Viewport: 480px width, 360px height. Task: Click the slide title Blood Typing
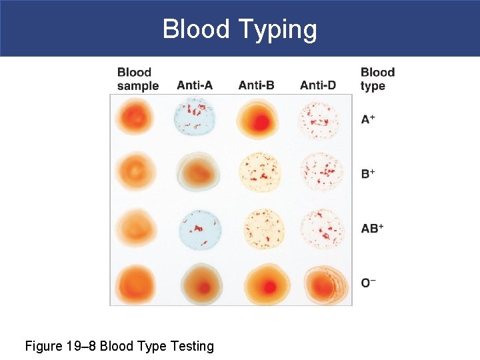(x=240, y=29)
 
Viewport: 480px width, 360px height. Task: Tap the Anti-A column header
(x=195, y=85)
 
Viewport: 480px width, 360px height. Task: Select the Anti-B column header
(x=256, y=85)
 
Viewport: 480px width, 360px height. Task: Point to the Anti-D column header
(x=318, y=85)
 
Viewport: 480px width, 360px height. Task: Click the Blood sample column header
(x=137, y=79)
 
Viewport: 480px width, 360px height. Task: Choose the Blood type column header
(x=377, y=79)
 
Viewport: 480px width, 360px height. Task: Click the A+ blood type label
(x=367, y=120)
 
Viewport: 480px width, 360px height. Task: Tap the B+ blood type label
(x=367, y=174)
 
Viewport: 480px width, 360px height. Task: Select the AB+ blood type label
(x=372, y=228)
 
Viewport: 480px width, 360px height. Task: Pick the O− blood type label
(x=368, y=283)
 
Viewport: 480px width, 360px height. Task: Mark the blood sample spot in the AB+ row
(x=136, y=228)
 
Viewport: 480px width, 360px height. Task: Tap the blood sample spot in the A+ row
(x=135, y=118)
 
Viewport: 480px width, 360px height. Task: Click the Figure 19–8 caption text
(x=119, y=346)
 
